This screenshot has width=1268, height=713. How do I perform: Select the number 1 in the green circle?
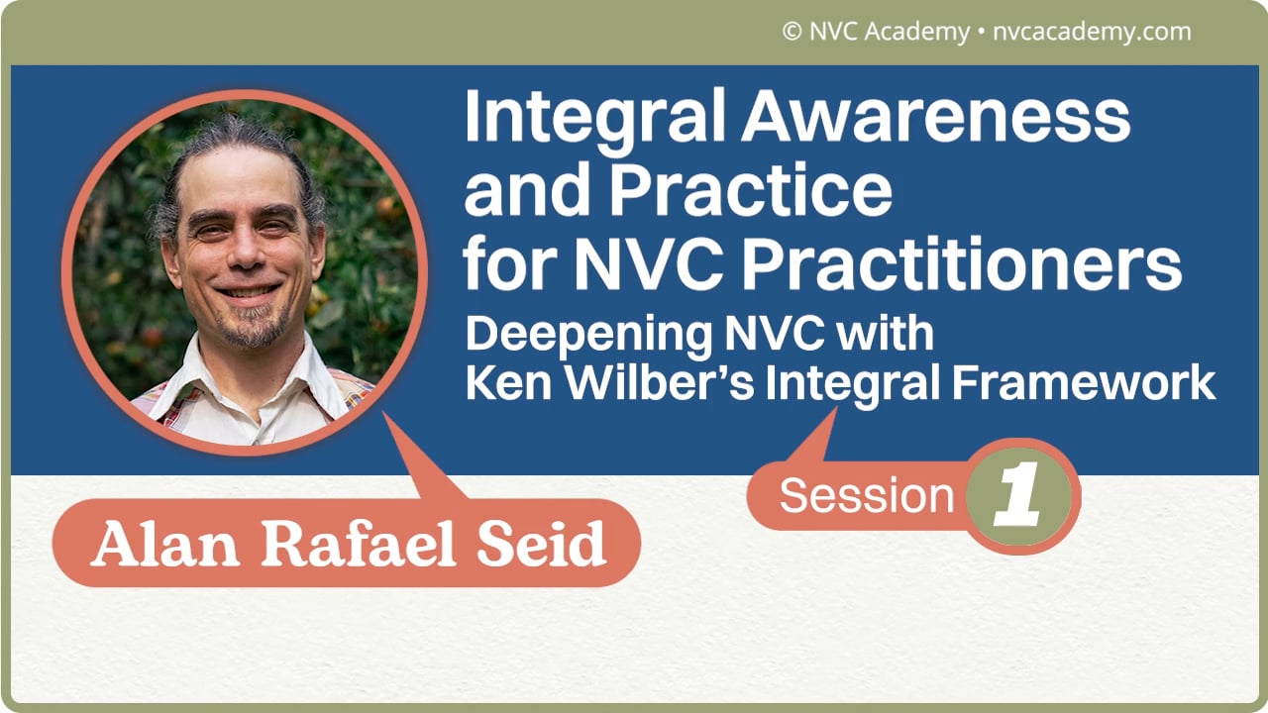click(x=1019, y=496)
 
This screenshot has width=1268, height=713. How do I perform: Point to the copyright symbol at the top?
click(x=792, y=32)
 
